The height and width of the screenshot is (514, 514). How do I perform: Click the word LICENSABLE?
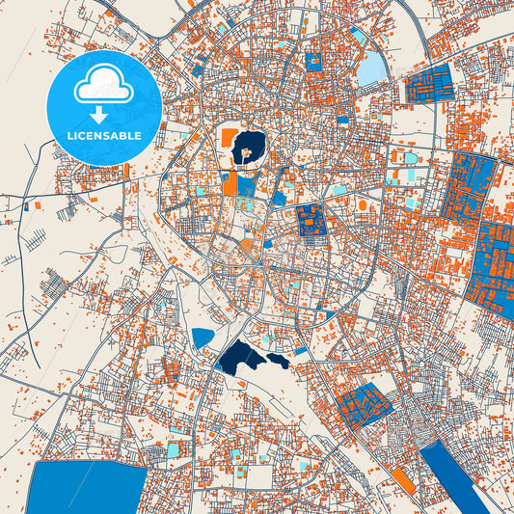(103, 136)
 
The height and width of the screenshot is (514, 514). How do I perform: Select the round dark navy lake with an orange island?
(249, 148)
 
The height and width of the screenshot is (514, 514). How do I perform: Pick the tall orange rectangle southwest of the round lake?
(230, 182)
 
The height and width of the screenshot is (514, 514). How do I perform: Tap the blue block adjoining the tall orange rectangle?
(246, 186)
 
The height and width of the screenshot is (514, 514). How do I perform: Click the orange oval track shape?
(363, 205)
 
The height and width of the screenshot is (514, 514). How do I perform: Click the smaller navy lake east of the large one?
(278, 361)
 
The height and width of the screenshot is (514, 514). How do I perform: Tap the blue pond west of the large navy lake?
(203, 338)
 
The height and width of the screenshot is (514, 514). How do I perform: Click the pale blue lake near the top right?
(371, 68)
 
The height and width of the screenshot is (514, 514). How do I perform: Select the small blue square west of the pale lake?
(312, 62)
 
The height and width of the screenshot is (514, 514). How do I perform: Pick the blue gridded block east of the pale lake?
(429, 87)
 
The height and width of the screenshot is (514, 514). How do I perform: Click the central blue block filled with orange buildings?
(311, 220)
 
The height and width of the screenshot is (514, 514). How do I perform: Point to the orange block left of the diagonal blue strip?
(404, 482)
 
